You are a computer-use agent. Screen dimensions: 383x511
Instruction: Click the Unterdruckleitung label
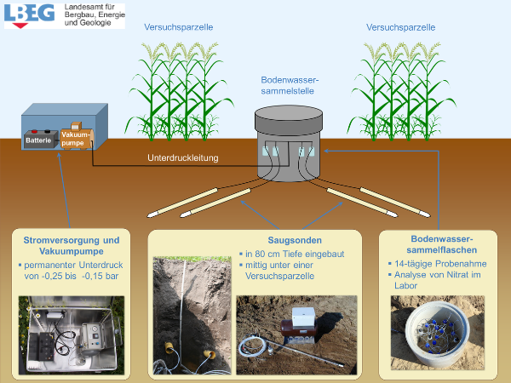click(183, 157)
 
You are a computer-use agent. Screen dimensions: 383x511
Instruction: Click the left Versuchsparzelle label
click(179, 27)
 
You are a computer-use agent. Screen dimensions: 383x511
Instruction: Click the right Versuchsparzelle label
click(401, 27)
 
